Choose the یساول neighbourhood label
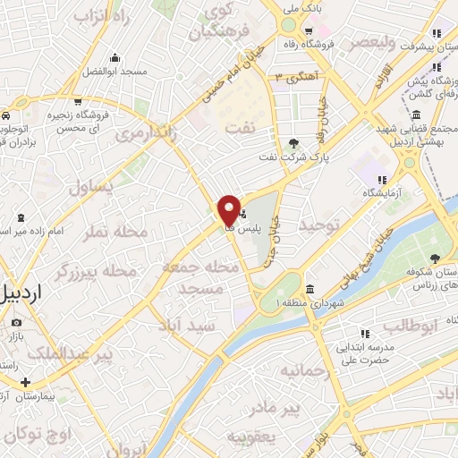(x=90, y=186)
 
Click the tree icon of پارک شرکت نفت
(x=294, y=142)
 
